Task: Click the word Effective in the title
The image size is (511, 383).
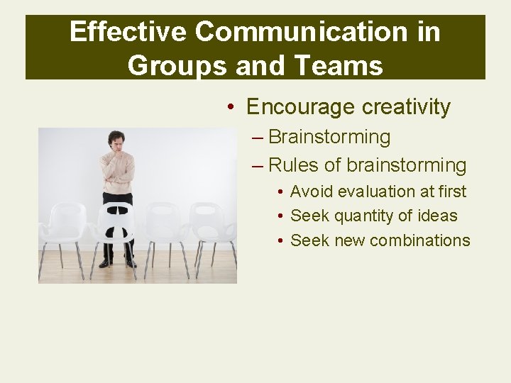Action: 127,32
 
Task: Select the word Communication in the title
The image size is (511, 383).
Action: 301,32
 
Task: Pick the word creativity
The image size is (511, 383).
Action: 406,107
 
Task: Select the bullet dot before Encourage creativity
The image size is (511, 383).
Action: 231,108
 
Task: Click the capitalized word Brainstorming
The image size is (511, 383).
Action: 329,137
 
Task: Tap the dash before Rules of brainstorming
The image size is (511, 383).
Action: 258,166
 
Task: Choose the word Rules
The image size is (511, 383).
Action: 294,166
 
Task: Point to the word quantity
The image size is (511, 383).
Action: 366,216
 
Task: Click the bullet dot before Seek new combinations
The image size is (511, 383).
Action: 282,241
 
